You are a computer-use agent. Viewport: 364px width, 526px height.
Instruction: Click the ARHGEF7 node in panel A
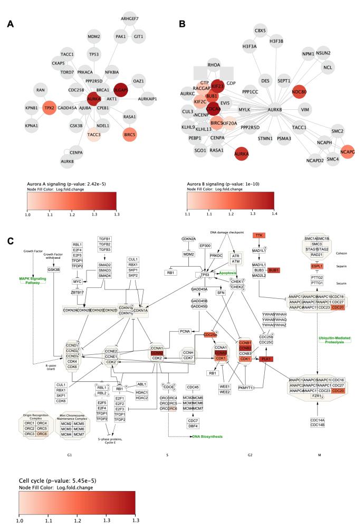point(129,19)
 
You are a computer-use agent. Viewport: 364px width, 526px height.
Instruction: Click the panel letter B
point(182,24)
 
